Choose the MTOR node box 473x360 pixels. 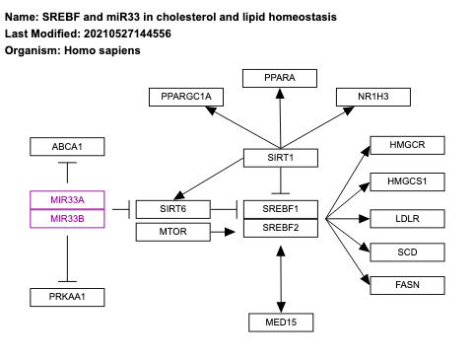(173, 233)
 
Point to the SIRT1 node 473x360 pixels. (282, 157)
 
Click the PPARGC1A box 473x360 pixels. (186, 96)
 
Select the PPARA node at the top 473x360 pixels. (281, 78)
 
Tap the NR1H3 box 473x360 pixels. (372, 96)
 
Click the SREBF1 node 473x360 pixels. (282, 208)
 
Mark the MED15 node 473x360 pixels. (282, 321)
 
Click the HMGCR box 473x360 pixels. (407, 145)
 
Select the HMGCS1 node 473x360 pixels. (407, 181)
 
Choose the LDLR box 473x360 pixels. (407, 217)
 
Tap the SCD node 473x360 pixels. (407, 252)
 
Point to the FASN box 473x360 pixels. (407, 286)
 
